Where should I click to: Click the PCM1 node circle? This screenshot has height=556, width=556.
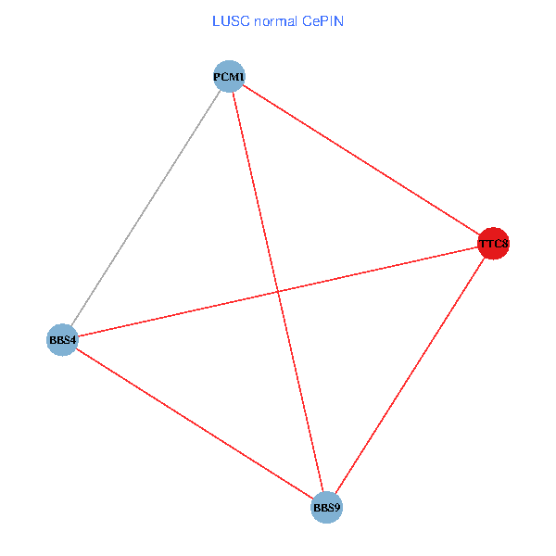point(229,76)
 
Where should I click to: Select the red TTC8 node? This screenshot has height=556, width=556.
point(493,244)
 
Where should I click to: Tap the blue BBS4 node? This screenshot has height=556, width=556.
point(62,340)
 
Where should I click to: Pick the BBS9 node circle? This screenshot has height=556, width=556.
point(326,507)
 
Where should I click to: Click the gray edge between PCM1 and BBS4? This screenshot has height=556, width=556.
point(145,208)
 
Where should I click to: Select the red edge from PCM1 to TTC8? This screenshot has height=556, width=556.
point(361,160)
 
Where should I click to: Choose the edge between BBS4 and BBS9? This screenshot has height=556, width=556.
point(195,423)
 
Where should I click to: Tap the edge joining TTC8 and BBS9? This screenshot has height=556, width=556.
point(410,375)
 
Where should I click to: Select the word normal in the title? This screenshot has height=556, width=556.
point(274,21)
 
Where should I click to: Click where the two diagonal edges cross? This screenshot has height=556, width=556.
point(278,292)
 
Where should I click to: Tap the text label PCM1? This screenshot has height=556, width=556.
point(229,76)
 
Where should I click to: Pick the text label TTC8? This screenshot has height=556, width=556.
point(493,244)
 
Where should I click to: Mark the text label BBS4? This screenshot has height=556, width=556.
point(62,340)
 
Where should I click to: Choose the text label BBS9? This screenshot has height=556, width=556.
point(326,507)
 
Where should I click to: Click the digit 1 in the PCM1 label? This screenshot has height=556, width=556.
point(242,76)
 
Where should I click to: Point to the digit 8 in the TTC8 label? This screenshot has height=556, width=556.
point(505,244)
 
